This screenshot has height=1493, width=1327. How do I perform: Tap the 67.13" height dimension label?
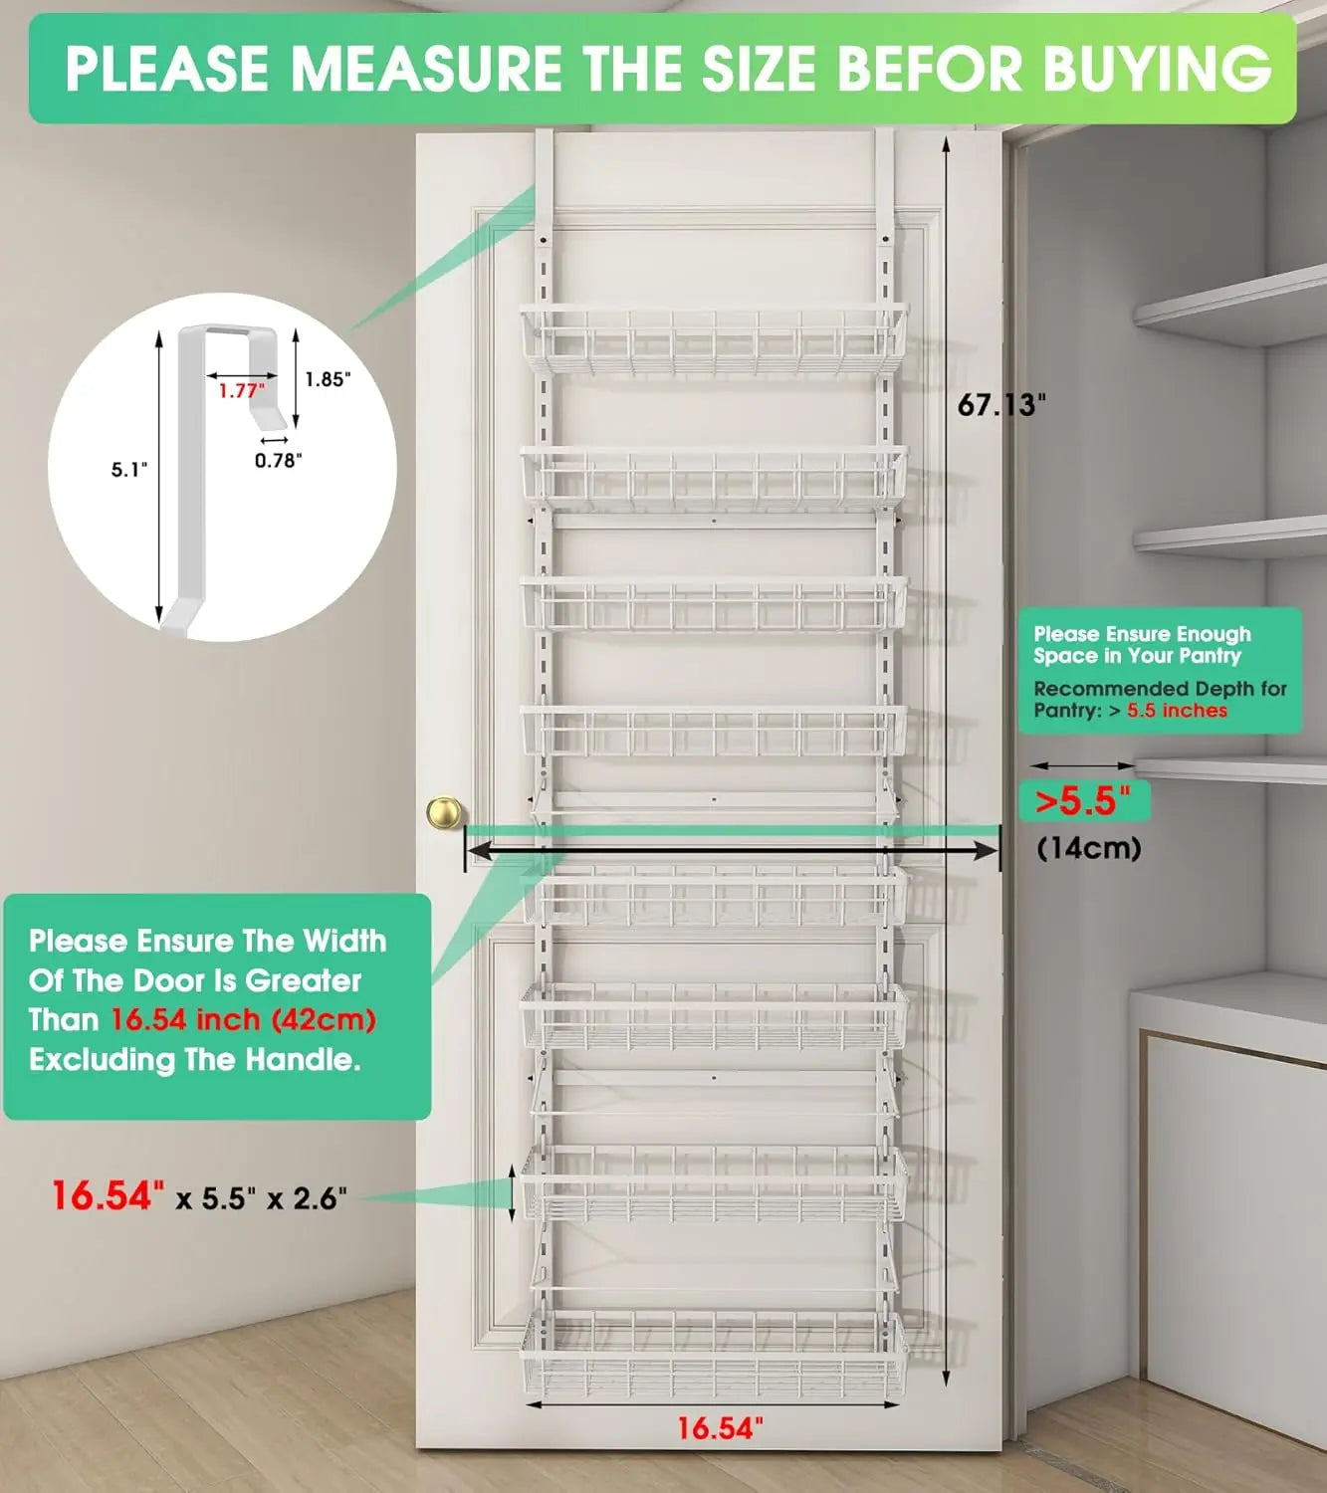1001,405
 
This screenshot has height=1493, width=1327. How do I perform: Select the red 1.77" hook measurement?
241,391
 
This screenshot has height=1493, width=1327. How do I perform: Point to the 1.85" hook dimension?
328,379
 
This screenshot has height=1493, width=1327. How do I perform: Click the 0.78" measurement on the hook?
278,460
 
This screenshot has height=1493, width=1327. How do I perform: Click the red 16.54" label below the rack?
720,1428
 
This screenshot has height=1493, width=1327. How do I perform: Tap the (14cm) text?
1088,848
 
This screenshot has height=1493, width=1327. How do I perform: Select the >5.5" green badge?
1084,800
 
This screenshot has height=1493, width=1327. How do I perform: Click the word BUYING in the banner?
1157,69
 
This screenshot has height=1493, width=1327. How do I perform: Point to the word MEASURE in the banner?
426,69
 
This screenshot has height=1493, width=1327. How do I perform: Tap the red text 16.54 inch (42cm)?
243,1019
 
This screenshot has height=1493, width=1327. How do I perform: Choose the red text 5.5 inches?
1177,711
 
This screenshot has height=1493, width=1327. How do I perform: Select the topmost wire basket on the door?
714,341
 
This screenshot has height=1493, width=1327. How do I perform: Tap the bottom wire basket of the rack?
714,1354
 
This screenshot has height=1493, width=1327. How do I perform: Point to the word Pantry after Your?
1210,656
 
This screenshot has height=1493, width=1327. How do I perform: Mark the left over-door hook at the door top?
544,179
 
